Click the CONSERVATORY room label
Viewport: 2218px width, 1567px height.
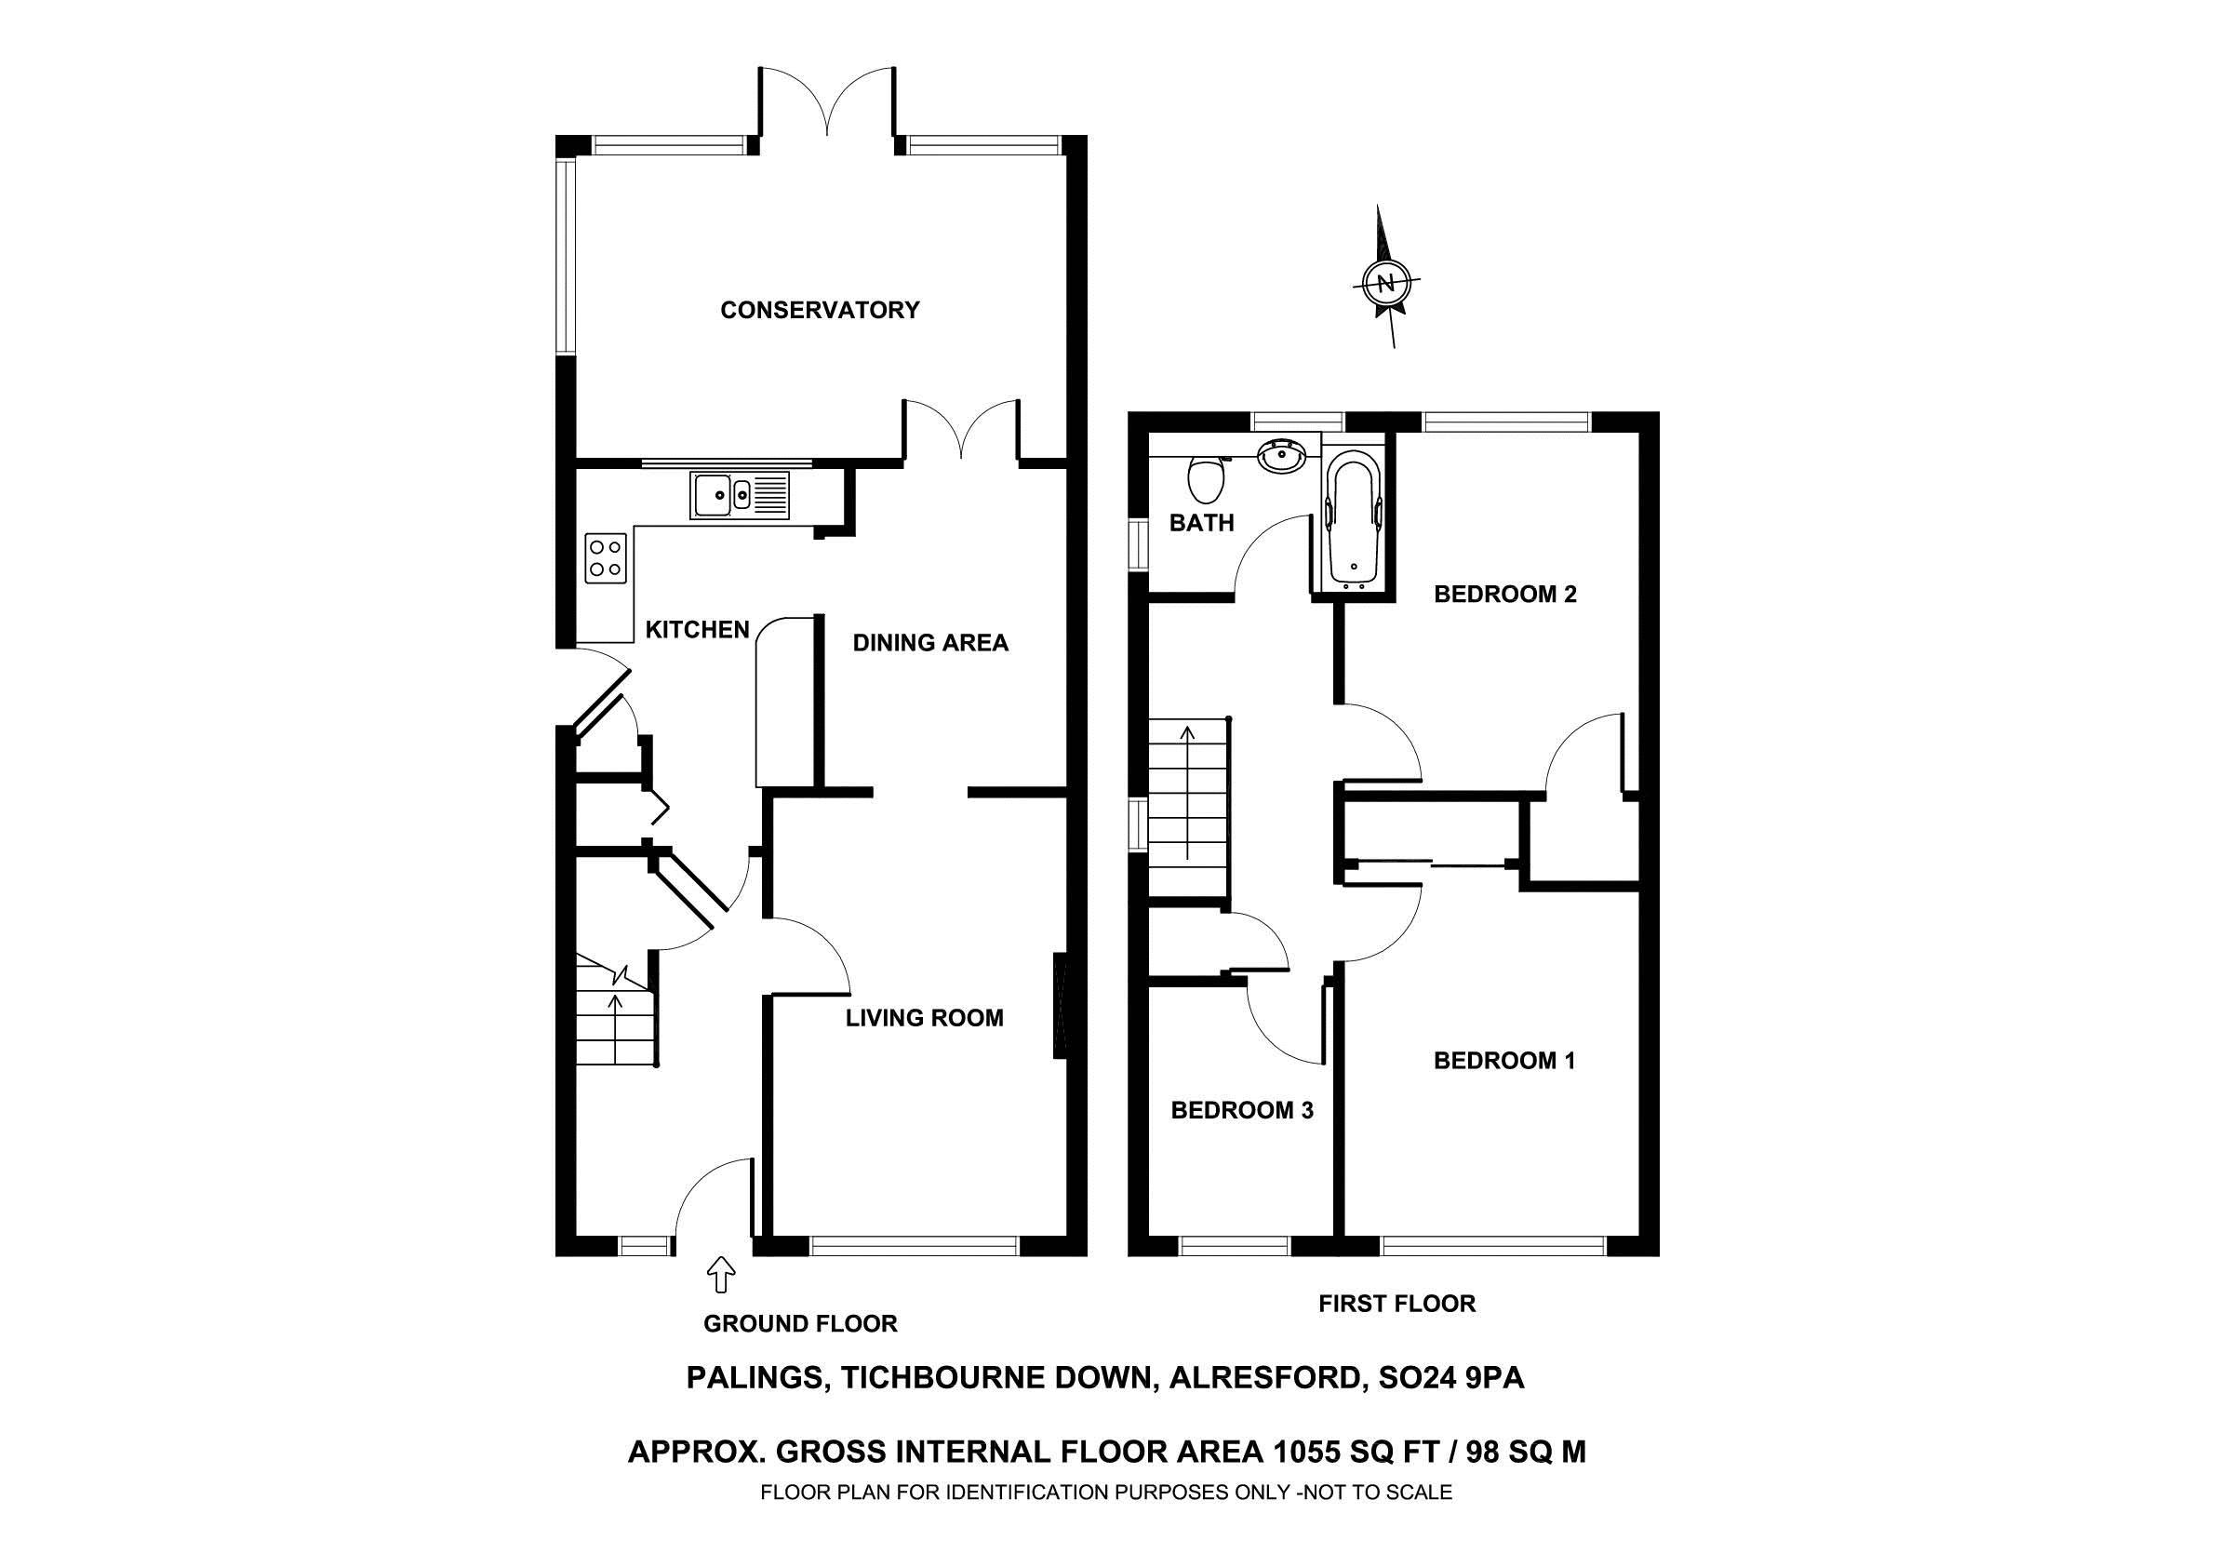point(820,310)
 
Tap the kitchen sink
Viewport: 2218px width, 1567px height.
point(739,496)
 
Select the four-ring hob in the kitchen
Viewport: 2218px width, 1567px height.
point(606,557)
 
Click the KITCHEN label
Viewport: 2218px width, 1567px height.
point(697,630)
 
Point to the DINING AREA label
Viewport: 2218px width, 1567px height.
point(929,642)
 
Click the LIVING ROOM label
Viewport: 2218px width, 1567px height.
point(924,1017)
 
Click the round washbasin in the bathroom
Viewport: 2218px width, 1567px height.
point(1282,455)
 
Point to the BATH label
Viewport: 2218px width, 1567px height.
point(1201,523)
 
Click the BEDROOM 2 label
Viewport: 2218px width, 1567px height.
point(1504,595)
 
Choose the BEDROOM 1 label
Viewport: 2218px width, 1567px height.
point(1504,1061)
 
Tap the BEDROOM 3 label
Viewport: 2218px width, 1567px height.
point(1241,1110)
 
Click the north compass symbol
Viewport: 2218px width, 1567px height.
point(1386,283)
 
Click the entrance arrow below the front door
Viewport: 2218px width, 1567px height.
point(721,1274)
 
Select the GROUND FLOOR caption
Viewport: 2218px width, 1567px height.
point(800,1323)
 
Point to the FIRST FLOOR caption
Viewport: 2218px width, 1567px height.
point(1396,1305)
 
